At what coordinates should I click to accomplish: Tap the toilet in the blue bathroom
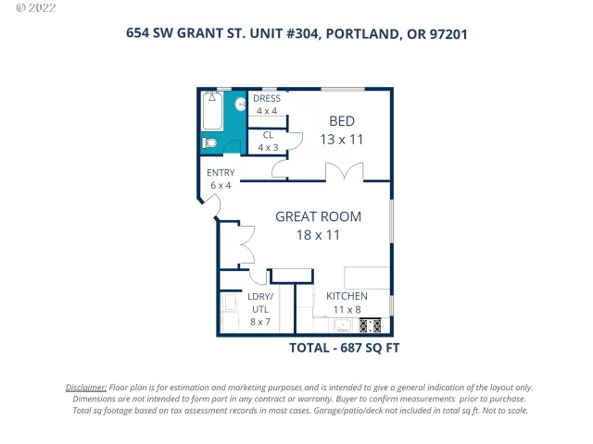coord(210,143)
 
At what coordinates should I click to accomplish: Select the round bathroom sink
coord(238,105)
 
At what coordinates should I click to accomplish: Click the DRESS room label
coord(267,99)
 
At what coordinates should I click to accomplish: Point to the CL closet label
coord(267,135)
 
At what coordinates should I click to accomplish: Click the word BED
coord(343,121)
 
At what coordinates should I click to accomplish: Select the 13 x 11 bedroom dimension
coord(343,139)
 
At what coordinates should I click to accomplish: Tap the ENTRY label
coord(221,173)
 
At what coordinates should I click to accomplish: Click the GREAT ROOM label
coord(318,217)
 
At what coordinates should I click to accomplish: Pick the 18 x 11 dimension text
coord(318,235)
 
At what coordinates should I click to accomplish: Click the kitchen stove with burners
coord(370,326)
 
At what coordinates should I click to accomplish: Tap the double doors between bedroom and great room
coord(343,173)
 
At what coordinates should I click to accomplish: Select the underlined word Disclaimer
coord(86,388)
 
